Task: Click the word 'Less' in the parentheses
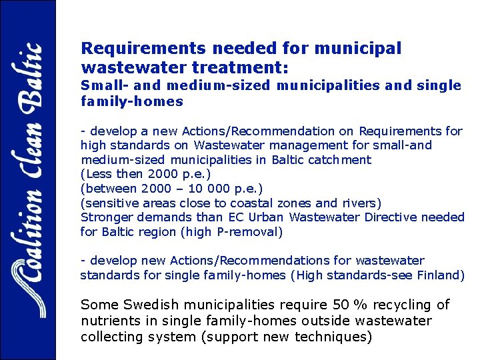[97, 174]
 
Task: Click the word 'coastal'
[251, 203]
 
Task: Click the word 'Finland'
[440, 275]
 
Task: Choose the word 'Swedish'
[152, 305]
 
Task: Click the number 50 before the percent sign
[341, 305]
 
